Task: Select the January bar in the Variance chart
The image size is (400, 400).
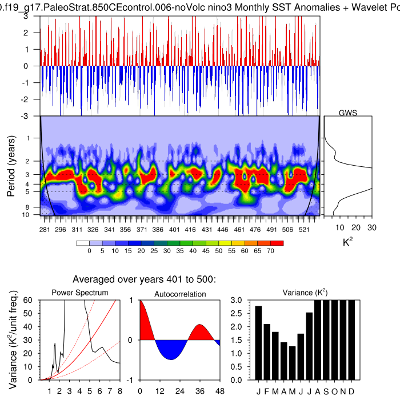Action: pos(259,343)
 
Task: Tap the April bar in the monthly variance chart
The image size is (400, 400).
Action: pos(284,361)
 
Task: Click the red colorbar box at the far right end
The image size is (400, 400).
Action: pos(278,243)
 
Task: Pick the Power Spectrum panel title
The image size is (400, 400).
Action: pos(80,293)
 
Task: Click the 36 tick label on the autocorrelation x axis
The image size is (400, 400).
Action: pos(199,391)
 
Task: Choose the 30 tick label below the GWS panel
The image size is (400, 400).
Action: pos(372,227)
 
